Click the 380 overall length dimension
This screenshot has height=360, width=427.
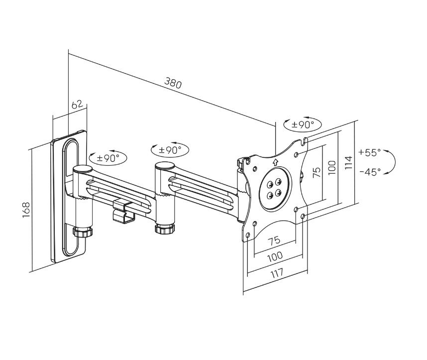tap(173, 83)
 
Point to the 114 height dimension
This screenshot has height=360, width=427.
tap(348, 162)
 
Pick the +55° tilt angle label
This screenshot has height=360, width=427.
tap(369, 152)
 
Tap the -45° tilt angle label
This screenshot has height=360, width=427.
tap(369, 171)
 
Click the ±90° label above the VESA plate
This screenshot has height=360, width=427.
tap(303, 124)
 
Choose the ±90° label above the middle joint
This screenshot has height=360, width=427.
tap(170, 149)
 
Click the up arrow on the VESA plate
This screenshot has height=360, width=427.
tap(275, 161)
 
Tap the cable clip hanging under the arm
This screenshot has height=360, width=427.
tap(123, 212)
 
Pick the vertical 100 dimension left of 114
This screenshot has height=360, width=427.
tap(332, 166)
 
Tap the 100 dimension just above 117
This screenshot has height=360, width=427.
tap(275, 256)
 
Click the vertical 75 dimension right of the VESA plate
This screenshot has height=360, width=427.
tap(316, 173)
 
